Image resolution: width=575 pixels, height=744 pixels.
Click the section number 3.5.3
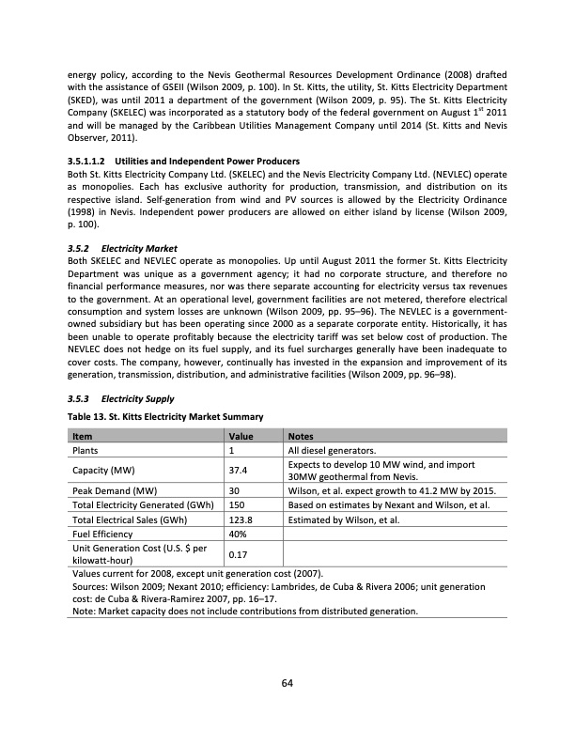coord(85,398)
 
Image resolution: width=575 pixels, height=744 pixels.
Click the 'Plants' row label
coord(87,451)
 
